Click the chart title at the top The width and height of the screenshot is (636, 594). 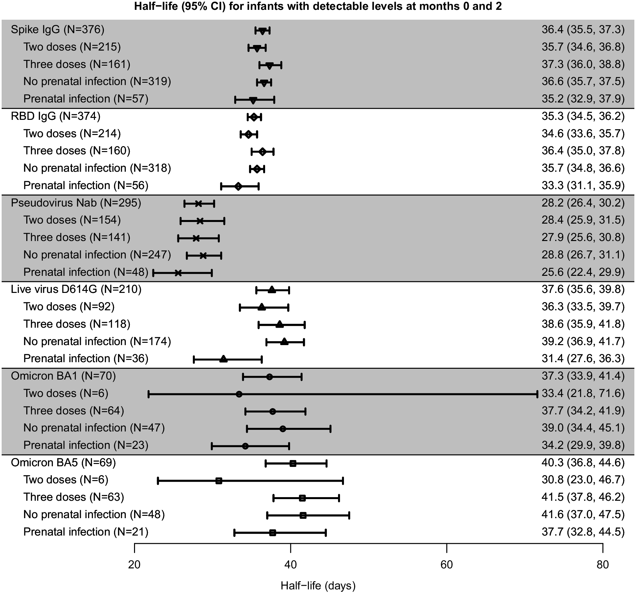pos(318,7)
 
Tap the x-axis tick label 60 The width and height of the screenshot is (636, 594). pos(446,564)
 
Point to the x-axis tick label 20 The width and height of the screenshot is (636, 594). pos(134,564)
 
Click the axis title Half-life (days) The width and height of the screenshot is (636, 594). pos(318,585)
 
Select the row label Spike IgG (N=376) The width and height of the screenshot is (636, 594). pos(57,30)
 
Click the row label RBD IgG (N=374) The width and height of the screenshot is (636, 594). pos(56,116)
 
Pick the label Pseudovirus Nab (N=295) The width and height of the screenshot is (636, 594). pos(76,203)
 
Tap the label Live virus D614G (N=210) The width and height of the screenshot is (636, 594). pos(76,289)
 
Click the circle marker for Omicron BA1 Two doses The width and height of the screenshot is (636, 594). pos(239,394)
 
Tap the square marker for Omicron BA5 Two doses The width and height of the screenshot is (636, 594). pos(219,481)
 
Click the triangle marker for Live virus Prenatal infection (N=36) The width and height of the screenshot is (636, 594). pos(223,359)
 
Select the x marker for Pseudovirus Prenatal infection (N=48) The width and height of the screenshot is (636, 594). pos(178,273)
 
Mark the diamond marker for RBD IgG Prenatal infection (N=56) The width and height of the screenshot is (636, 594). pos(238,187)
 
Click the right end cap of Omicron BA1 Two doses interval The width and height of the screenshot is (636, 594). pos(537,394)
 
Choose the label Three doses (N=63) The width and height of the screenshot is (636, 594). pos(74,497)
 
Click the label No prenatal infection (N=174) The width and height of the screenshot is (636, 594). pos(97,341)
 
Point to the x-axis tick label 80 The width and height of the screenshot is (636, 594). pos(602,564)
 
